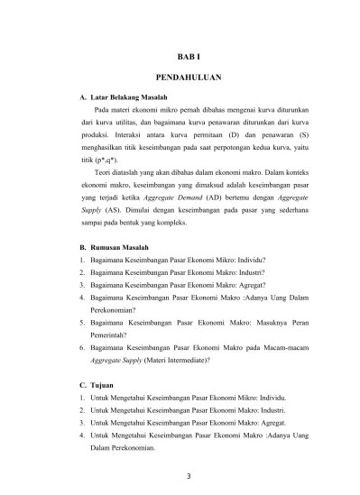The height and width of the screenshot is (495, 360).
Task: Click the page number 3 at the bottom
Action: [x=189, y=478]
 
